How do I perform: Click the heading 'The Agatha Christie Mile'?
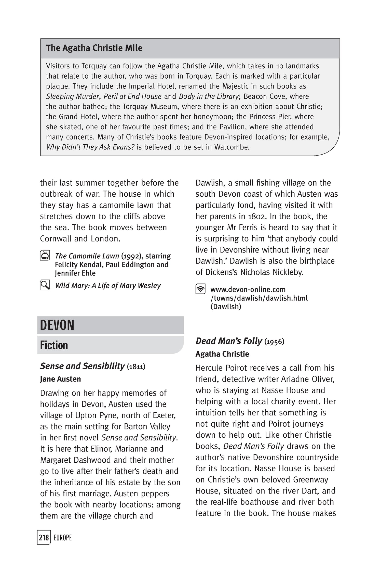pyautogui.click(x=94, y=48)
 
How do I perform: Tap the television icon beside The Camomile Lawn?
pyautogui.click(x=45, y=255)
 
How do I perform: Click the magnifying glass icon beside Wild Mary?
pyautogui.click(x=45, y=285)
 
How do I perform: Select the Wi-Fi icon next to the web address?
pyautogui.click(x=200, y=289)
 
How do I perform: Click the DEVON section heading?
pyautogui.click(x=57, y=325)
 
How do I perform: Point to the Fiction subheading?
pyautogui.click(x=54, y=345)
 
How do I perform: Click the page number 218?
pyautogui.click(x=44, y=538)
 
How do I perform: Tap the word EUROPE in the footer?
pyautogui.click(x=63, y=538)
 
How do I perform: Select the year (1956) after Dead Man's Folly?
pyautogui.click(x=274, y=341)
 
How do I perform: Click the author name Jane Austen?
pyautogui.click(x=60, y=379)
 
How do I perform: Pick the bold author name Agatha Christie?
pyautogui.click(x=222, y=354)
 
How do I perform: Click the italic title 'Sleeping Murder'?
pyautogui.click(x=72, y=96)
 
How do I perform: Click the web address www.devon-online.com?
pyautogui.click(x=248, y=289)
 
